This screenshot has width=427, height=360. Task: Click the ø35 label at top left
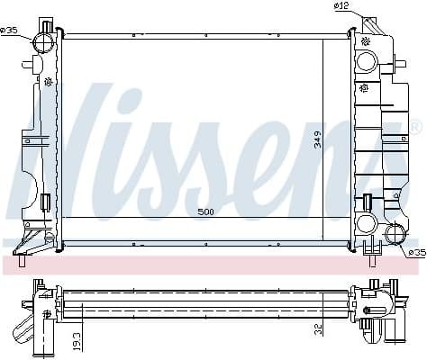tap(10, 30)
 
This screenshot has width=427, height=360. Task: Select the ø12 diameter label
tap(341, 7)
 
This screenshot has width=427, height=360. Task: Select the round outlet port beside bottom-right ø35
tap(395, 236)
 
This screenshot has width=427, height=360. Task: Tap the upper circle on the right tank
tap(367, 62)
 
